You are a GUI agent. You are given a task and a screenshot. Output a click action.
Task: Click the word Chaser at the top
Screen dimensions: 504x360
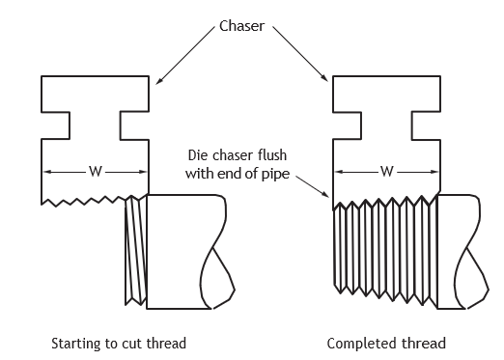pos(241,26)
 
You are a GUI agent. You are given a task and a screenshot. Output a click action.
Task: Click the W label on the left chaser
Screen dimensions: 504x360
pos(96,172)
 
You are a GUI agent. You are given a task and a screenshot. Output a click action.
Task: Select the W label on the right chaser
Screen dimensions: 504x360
pos(386,172)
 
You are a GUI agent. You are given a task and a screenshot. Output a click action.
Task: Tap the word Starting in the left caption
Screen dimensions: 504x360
pos(75,344)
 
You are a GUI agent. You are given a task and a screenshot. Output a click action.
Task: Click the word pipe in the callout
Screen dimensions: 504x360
pos(276,175)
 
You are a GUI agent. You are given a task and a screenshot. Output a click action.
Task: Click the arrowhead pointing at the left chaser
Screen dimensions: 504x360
pos(158,81)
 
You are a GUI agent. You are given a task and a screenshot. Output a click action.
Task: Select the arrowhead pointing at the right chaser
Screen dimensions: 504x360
pos(324,77)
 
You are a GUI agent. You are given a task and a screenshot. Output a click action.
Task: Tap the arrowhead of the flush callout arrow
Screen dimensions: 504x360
pos(325,194)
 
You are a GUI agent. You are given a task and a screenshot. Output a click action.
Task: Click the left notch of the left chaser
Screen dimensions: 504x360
pos(56,125)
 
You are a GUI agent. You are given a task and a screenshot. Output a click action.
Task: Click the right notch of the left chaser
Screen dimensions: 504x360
pos(134,125)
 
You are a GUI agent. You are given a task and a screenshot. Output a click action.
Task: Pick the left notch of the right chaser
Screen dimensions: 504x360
pos(347,125)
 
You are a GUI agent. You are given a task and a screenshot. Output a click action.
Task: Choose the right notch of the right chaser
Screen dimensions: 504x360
pos(426,125)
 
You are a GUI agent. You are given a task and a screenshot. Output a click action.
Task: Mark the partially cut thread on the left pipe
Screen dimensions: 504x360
pos(136,250)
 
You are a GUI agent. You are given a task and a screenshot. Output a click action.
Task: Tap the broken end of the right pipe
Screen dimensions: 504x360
pos(472,252)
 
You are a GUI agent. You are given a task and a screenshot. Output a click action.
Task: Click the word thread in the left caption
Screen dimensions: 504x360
pos(166,344)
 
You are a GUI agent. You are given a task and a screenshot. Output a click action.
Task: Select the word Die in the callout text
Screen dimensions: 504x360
pos(196,155)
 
